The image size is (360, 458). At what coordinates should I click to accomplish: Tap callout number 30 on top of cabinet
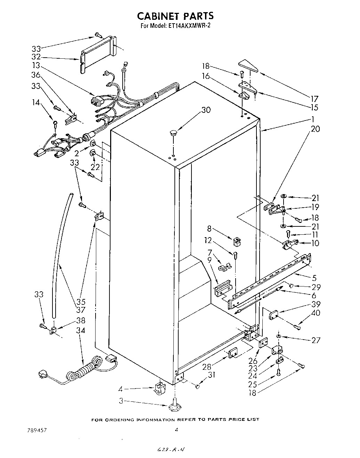point(206,110)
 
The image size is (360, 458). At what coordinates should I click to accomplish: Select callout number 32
point(36,57)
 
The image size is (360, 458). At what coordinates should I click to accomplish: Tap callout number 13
point(36,66)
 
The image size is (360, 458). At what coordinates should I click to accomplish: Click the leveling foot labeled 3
point(175,406)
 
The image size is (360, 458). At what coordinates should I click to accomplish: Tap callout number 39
point(316,304)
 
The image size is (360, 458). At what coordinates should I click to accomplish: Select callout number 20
point(316,129)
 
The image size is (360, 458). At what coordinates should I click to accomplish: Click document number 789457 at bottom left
point(37,430)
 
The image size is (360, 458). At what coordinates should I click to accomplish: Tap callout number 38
point(80,320)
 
